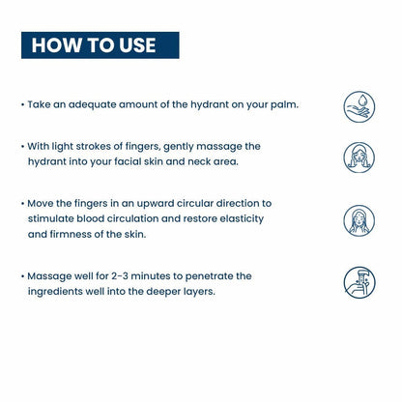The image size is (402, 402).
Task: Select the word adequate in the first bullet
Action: pyautogui.click(x=92, y=105)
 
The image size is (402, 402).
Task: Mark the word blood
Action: pyautogui.click(x=90, y=218)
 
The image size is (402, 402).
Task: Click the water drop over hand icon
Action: pyautogui.click(x=359, y=107)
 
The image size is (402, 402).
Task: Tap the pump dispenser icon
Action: pyautogui.click(x=359, y=282)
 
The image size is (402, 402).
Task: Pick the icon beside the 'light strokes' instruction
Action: pyautogui.click(x=359, y=158)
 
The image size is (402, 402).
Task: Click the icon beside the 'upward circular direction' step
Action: pyautogui.click(x=359, y=220)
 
